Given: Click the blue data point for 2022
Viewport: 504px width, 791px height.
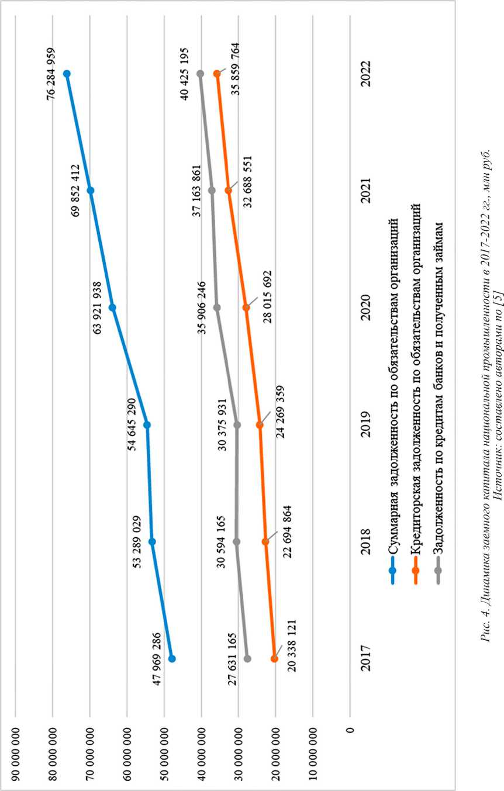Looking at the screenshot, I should (x=67, y=74).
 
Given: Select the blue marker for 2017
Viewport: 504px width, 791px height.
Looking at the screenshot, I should (x=172, y=658).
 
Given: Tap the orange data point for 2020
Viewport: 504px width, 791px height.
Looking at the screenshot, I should (x=246, y=308).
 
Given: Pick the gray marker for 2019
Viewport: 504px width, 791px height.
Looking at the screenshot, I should (x=237, y=424).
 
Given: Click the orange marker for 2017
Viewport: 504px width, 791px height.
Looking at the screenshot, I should (x=274, y=658).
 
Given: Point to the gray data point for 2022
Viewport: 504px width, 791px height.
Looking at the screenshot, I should (x=200, y=74).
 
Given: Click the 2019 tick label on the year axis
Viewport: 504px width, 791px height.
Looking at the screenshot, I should (x=367, y=425).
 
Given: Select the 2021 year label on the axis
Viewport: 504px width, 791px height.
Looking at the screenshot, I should (x=367, y=191).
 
